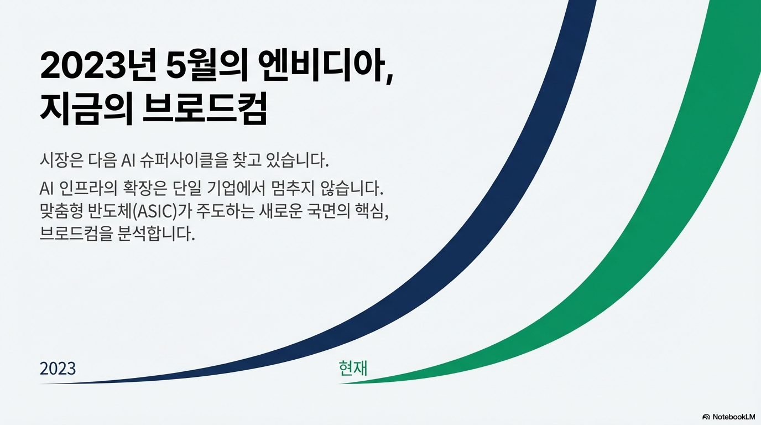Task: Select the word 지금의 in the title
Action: [86, 107]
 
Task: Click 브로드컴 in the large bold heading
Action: [205, 107]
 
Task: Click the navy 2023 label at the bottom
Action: [58, 369]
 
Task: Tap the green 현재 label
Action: [353, 368]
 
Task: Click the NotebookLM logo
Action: [728, 417]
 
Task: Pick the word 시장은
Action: [61, 160]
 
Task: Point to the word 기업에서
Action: [236, 189]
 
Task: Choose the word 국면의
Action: [324, 211]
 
